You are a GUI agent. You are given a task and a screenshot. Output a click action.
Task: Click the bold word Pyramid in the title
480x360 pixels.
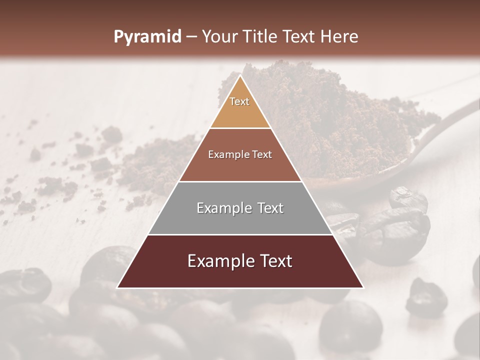pos(147,37)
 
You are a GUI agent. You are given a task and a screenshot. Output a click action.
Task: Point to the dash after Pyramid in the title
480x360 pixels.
pos(191,37)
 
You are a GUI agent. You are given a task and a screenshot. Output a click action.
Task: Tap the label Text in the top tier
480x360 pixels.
pos(239,101)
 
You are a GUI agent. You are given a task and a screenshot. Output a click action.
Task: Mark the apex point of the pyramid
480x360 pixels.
pos(240,76)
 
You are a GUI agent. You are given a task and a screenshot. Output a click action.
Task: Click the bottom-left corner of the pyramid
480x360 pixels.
pos(117,287)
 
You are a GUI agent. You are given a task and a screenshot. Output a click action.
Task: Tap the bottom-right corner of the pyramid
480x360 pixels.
pos(363,287)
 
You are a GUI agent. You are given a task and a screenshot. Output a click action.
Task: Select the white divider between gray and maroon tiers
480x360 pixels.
pos(240,234)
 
